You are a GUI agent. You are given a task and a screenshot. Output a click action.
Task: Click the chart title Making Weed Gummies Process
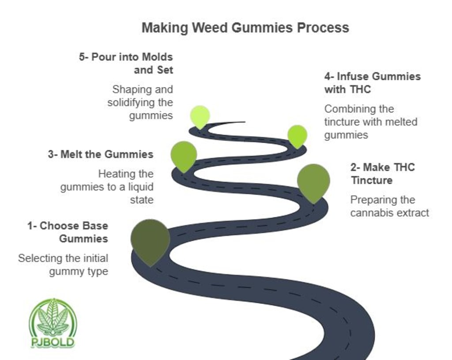pos(245,28)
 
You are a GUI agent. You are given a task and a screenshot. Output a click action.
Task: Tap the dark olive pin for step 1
pos(150,239)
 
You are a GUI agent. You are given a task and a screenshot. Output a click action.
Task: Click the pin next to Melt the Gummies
pos(184,154)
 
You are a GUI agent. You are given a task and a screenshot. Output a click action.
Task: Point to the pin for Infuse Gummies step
pos(297,135)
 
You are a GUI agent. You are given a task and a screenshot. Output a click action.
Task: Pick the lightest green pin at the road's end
pos(200,115)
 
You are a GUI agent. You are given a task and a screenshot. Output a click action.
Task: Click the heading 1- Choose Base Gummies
pos(68,232)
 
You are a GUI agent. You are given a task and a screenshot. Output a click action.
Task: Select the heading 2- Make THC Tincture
pos(383,174)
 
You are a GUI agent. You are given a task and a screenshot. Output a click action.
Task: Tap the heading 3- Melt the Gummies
pos(101,155)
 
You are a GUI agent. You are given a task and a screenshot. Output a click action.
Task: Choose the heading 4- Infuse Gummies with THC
pos(372,83)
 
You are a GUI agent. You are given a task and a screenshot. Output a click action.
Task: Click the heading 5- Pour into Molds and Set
pos(126,63)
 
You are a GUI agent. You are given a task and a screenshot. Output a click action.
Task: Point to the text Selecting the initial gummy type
pos(63,265)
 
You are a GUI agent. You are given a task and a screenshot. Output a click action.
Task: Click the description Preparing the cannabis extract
pos(389,206)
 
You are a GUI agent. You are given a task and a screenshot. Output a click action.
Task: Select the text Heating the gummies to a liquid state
pos(107,187)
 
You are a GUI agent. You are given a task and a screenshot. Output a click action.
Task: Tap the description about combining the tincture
pos(370,122)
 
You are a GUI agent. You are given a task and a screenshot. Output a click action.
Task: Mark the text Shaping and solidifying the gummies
pos(140,102)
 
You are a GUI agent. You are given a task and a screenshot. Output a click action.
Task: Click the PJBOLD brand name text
pos(53,342)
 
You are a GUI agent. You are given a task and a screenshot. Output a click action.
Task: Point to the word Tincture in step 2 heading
pos(372,180)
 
